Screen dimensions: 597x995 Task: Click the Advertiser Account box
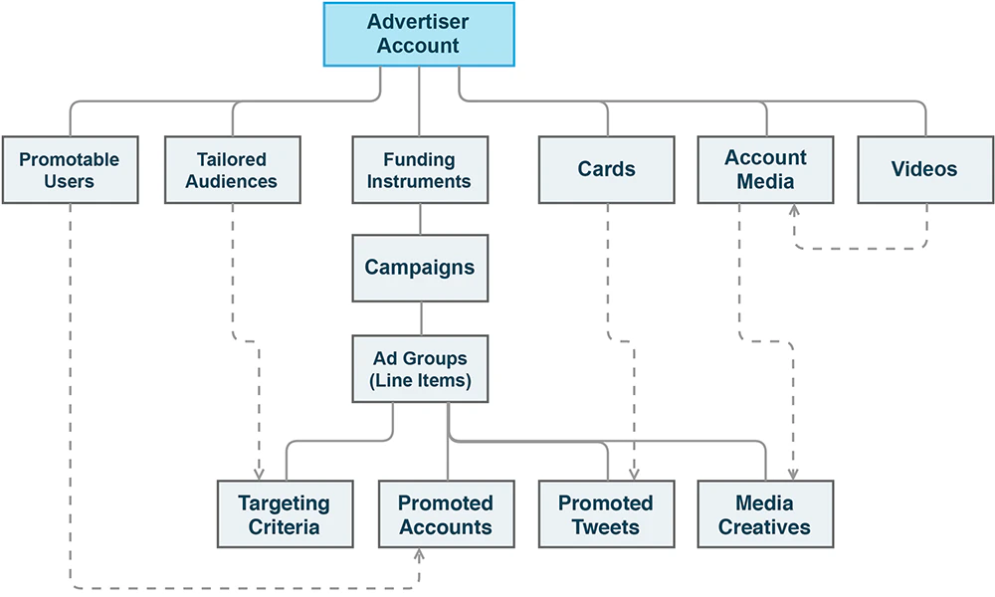coord(419,34)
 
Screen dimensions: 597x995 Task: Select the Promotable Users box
coord(70,170)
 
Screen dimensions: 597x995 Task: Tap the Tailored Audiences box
coord(232,170)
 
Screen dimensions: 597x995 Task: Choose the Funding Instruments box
coord(420,170)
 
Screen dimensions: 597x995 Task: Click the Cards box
coord(606,170)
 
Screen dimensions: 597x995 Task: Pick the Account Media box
coord(766,170)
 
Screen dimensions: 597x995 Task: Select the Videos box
coord(924,170)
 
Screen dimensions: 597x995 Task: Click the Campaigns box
coord(420,268)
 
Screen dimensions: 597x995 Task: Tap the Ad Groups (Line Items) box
coord(420,369)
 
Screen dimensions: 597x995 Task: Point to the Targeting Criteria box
coord(285,513)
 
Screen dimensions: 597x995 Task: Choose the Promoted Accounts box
coord(446,513)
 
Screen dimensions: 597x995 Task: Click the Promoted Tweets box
coord(606,513)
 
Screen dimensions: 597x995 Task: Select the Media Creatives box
coord(765,513)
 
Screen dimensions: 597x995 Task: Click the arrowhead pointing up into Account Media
coord(793,211)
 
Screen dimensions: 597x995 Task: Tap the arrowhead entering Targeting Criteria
coord(259,474)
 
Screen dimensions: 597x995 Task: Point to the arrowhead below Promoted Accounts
coord(419,553)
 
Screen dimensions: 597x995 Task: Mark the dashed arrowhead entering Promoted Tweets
coord(634,474)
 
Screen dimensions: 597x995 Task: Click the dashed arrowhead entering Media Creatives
coord(793,474)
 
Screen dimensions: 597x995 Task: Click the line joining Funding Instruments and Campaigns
coord(420,219)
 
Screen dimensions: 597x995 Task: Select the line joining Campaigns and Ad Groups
coord(420,318)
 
